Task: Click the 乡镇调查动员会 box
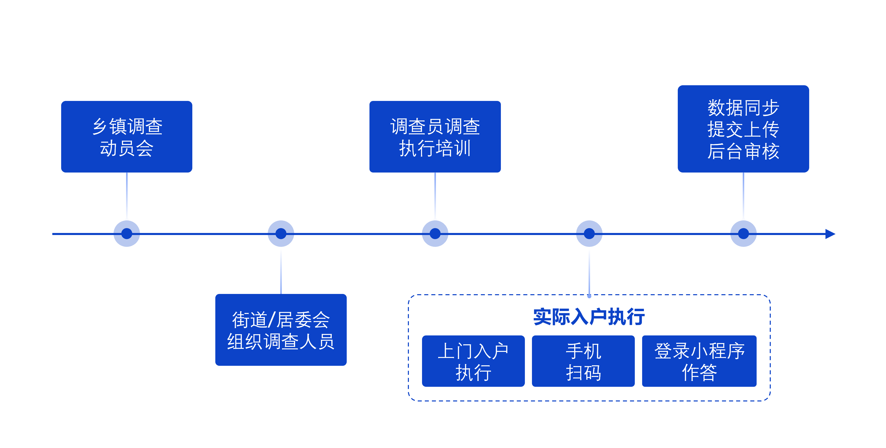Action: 127,136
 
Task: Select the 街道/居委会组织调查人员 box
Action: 281,330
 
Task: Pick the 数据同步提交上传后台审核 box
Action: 743,129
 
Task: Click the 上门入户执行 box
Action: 473,361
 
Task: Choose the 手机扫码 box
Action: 583,361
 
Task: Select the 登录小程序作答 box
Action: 699,361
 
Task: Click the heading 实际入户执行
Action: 589,316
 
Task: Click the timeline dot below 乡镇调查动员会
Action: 127,233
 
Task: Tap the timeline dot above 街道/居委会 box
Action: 281,233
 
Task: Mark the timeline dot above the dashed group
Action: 589,233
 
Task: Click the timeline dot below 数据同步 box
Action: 743,233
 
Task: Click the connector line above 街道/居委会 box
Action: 281,272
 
